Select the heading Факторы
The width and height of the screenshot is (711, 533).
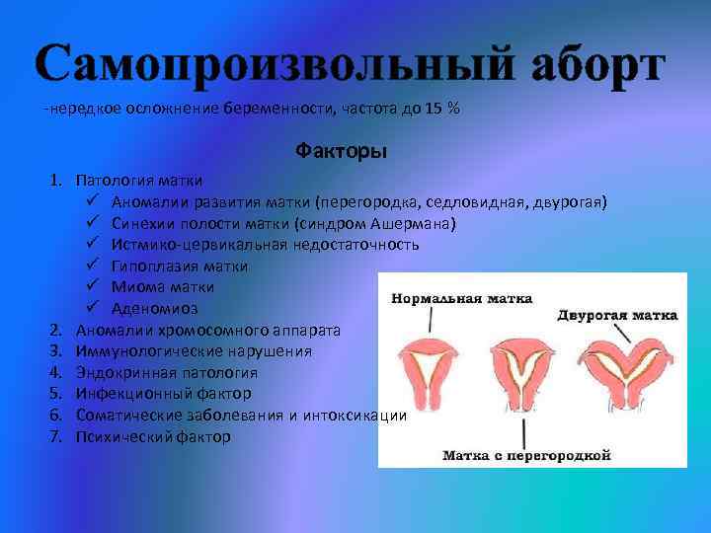point(341,152)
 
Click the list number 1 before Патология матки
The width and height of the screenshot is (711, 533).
point(57,181)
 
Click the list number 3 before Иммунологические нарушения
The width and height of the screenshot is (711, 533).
point(57,350)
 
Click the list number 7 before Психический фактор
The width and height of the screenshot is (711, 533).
point(57,435)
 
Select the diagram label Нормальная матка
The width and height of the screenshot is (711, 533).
point(461,297)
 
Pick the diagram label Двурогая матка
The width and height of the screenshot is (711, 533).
point(616,316)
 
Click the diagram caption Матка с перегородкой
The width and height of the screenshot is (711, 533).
point(526,455)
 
